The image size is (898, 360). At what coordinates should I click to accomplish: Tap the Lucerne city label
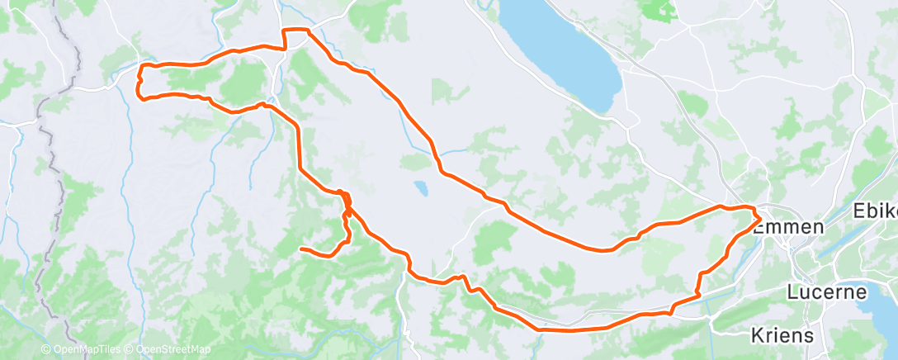(x=826, y=292)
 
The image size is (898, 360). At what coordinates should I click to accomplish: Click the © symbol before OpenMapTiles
(x=45, y=350)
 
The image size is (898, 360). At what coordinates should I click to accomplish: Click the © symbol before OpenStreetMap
(x=130, y=350)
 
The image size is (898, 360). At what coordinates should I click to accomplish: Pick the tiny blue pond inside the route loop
(x=422, y=188)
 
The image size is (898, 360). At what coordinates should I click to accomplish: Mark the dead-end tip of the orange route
(x=301, y=249)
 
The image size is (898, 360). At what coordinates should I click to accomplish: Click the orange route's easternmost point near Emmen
(x=759, y=217)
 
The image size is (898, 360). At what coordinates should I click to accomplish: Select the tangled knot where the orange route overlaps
(x=346, y=202)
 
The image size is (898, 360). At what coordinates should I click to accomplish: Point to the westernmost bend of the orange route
(x=138, y=83)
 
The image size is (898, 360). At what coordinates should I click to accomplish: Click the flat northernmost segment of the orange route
(x=296, y=30)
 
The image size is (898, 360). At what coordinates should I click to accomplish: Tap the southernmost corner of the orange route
(x=541, y=329)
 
